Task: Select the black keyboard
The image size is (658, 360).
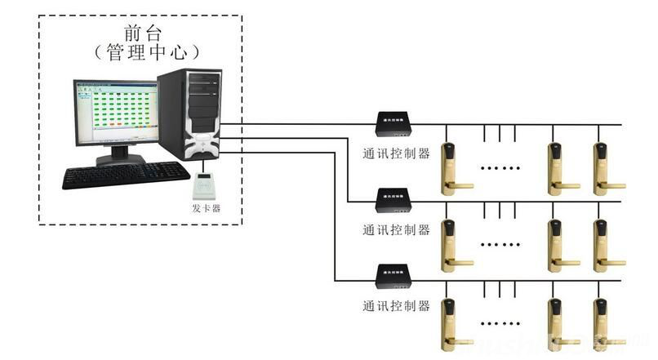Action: tap(126, 174)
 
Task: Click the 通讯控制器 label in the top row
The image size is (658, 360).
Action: tap(396, 153)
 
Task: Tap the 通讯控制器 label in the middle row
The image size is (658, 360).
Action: tap(396, 229)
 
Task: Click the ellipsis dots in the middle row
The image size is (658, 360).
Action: tap(500, 243)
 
